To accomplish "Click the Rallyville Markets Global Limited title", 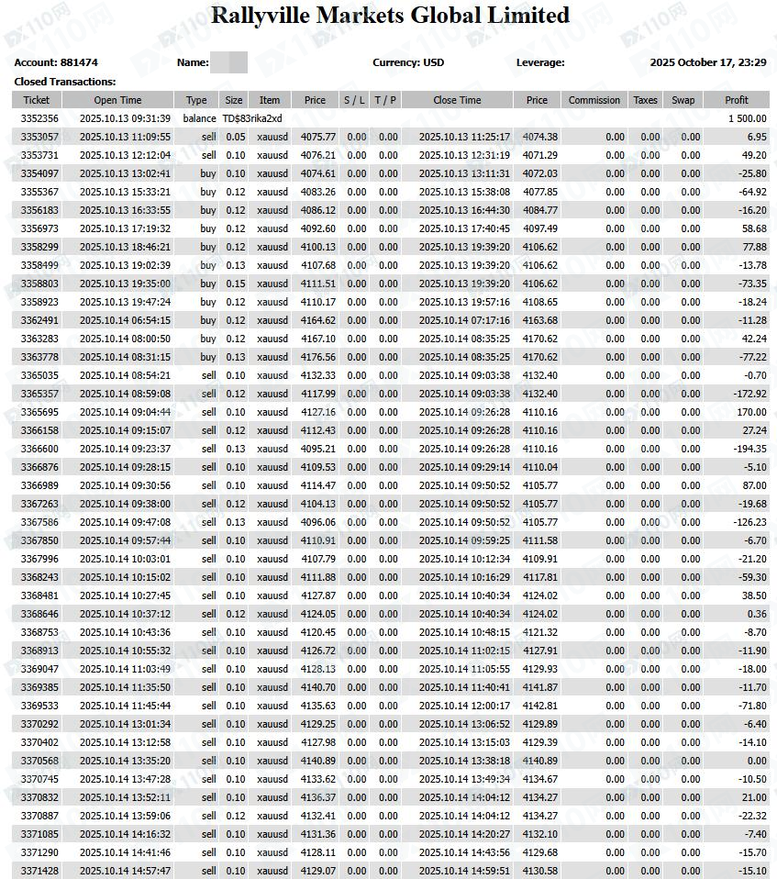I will tap(390, 16).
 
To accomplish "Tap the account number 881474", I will tap(79, 62).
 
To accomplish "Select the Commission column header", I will tap(594, 100).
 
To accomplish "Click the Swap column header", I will tap(683, 100).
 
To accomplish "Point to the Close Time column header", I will tap(457, 100).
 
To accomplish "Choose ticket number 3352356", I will tap(39, 118).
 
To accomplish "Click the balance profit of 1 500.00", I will tap(747, 118).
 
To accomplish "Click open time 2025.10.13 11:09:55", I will tap(125, 137).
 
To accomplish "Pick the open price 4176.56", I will tap(317, 357).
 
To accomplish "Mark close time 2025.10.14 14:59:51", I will tap(464, 871).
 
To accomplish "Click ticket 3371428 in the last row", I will tap(39, 871).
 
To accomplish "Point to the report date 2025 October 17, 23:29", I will tap(707, 62).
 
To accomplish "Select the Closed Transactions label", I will tap(64, 82).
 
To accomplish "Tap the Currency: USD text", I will tap(408, 62).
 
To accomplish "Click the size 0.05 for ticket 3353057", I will tap(236, 137).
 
